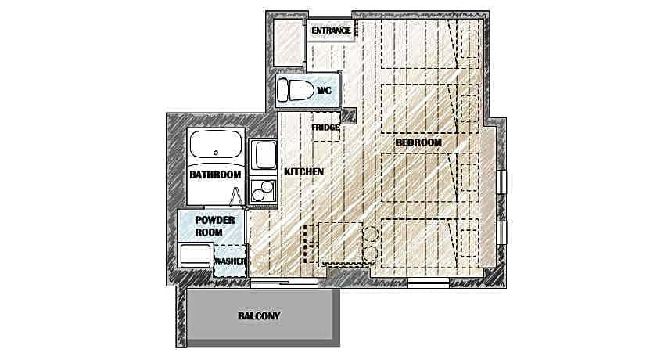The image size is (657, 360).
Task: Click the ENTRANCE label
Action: coord(331,31)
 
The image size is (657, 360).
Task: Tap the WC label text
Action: coord(325,91)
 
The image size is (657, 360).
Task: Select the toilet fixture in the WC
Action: coord(296,89)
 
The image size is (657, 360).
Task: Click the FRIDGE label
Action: coord(325,128)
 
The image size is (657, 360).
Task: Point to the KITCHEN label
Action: coord(303,172)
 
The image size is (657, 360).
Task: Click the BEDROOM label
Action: coord(418,142)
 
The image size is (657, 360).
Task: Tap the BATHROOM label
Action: coord(215,175)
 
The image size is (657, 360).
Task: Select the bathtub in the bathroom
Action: coord(216,144)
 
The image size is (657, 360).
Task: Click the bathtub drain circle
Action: coord(216,153)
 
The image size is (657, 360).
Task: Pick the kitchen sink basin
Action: coord(266,155)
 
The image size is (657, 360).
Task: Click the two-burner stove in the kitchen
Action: coord(263,191)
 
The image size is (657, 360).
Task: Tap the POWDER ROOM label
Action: coord(215,226)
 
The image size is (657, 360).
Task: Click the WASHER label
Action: coord(230,261)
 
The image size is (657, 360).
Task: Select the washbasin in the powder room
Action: coord(196,255)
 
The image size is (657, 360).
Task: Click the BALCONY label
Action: coord(259,316)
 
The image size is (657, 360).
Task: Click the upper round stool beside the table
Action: coord(371,233)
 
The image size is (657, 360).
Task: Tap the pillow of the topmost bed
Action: coord(469,44)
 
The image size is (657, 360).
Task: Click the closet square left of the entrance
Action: coord(289,42)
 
